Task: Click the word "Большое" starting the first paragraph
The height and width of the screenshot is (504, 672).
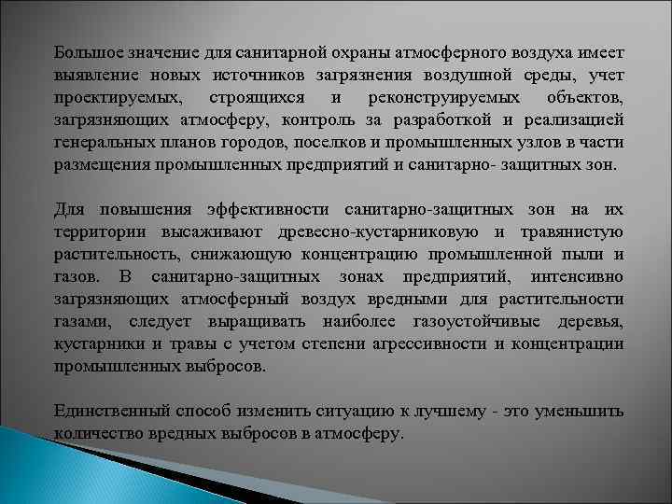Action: (85, 54)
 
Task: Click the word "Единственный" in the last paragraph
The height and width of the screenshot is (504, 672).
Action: (104, 412)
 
